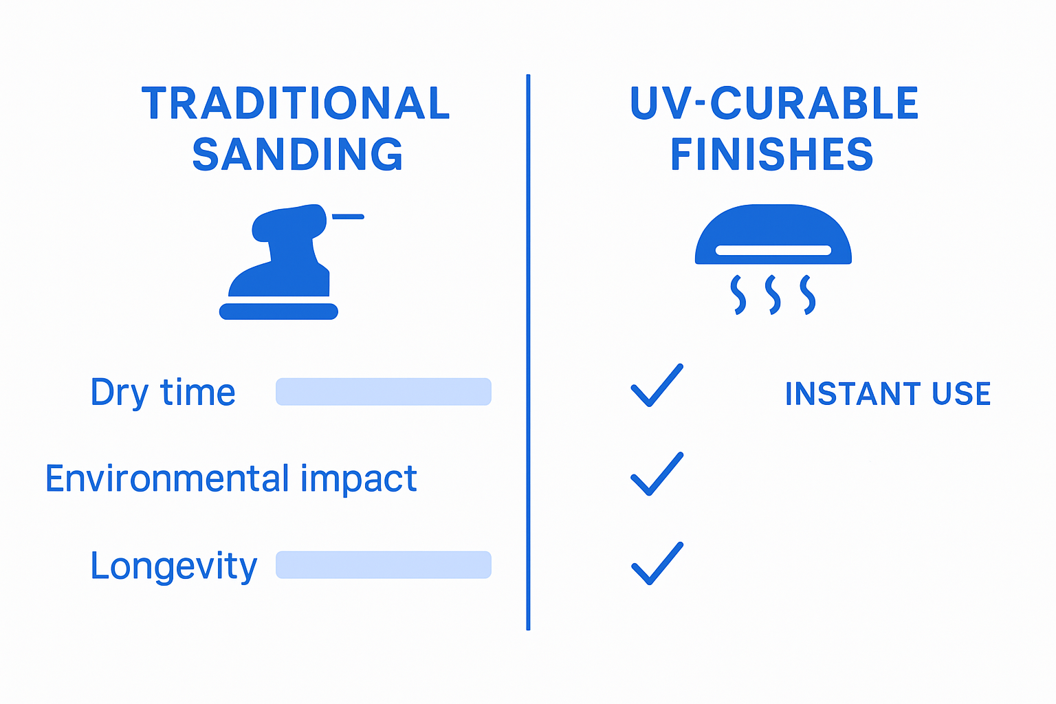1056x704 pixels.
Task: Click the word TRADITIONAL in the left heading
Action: point(296,104)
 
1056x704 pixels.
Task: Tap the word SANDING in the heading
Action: point(297,155)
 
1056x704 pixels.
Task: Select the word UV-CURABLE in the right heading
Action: point(774,104)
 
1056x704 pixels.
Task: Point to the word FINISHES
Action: point(771,155)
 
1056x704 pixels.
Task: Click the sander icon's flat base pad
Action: point(278,311)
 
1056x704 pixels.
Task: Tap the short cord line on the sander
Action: point(348,217)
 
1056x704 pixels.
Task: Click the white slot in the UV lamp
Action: point(773,250)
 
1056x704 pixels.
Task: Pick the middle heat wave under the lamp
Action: point(773,295)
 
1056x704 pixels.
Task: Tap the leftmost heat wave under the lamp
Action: point(738,295)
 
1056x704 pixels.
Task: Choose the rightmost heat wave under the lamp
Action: point(808,295)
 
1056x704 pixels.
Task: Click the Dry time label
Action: point(163,393)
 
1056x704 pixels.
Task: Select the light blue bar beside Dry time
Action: point(384,392)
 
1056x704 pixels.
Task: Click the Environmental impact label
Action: point(231,478)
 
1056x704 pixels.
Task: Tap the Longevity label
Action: point(173,566)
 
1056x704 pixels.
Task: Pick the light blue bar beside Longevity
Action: point(384,565)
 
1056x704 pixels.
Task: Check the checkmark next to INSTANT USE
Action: point(657,386)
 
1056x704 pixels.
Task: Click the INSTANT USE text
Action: point(888,394)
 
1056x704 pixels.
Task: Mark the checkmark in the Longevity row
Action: point(657,564)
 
